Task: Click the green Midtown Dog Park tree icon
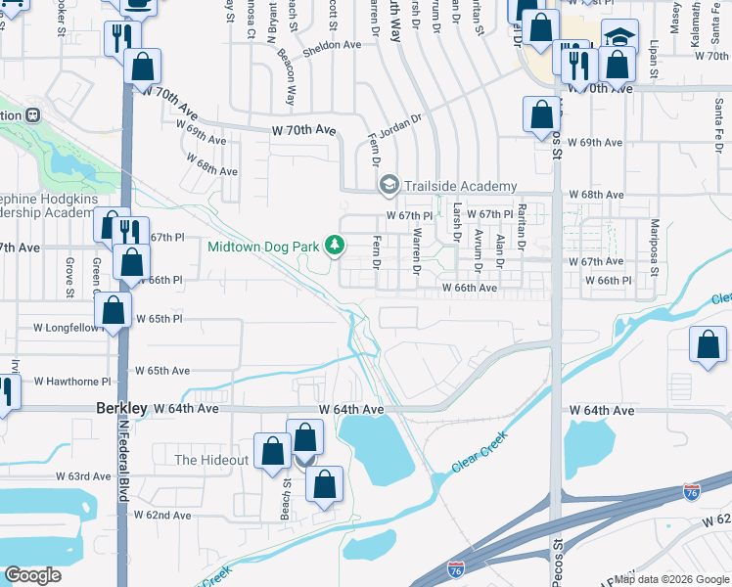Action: (335, 245)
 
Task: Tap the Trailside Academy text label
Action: (460, 186)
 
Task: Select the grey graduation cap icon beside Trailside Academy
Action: (389, 186)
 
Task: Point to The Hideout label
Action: (211, 460)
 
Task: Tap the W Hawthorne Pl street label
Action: (72, 382)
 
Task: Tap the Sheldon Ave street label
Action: (332, 45)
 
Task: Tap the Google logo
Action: (33, 575)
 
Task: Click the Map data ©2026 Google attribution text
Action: (670, 579)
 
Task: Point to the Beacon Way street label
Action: (286, 77)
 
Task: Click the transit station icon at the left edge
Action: (33, 114)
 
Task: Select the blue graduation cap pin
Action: (618, 37)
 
